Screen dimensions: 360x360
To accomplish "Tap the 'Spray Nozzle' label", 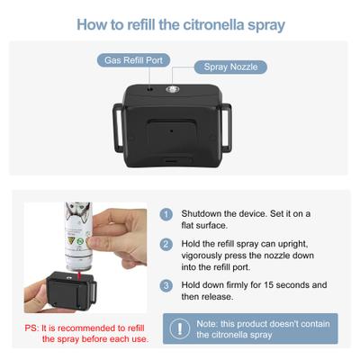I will (230, 67).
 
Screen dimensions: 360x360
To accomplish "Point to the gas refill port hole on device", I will (150, 88).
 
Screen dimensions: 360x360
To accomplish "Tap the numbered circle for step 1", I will (166, 214).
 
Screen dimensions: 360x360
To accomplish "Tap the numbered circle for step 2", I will (166, 244).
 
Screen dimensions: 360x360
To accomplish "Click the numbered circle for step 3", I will (166, 285).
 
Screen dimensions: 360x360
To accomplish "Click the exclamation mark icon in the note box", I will (180, 328).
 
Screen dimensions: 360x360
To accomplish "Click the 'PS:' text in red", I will (33, 327).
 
